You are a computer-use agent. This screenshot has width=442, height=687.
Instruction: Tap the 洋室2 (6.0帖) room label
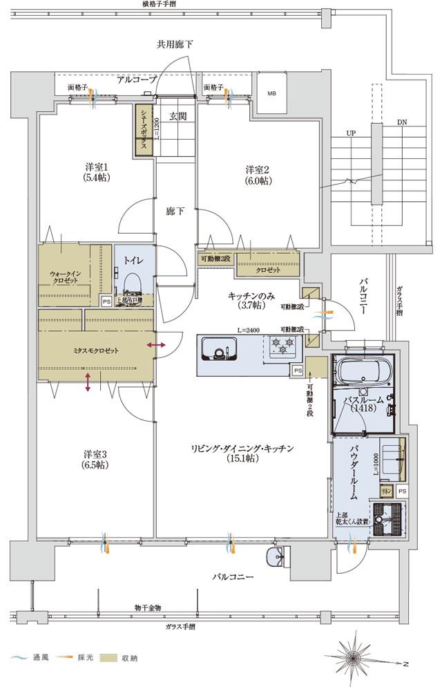click(x=258, y=175)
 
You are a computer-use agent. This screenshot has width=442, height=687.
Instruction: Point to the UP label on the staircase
click(x=351, y=133)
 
